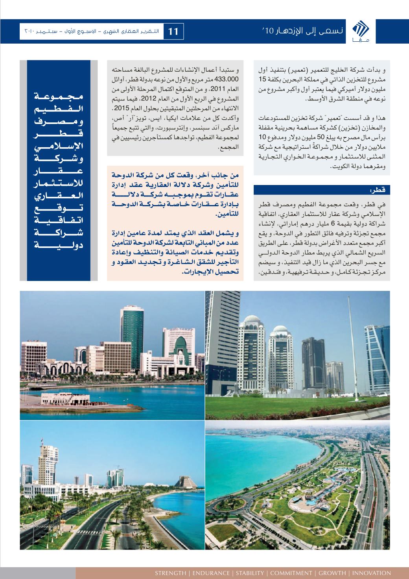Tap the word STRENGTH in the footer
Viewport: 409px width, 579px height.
tap(171, 573)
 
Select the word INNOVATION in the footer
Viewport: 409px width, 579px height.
tap(372, 573)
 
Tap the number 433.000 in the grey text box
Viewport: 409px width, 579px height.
tap(227, 80)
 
